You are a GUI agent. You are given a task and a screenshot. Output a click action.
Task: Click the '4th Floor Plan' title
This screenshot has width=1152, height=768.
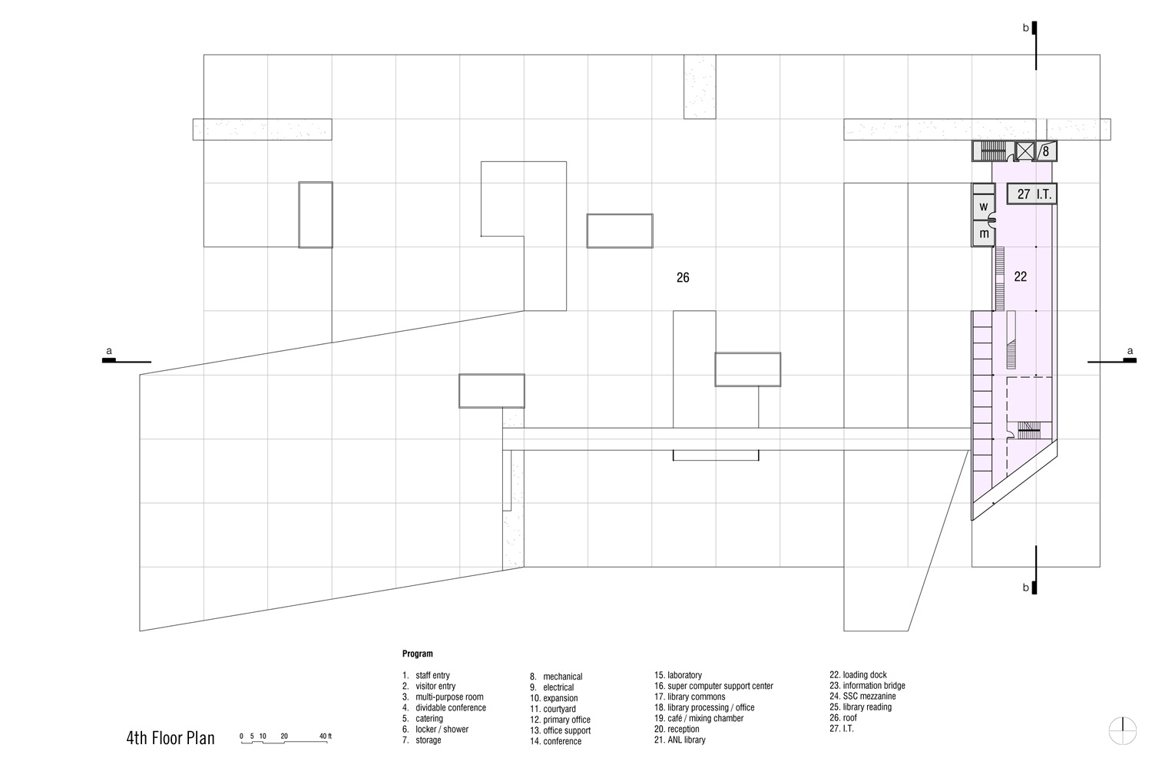[170, 739]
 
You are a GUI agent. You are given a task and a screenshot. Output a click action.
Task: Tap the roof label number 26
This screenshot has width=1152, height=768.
[683, 278]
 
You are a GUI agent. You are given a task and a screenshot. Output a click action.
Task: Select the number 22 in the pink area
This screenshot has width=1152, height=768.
[1020, 276]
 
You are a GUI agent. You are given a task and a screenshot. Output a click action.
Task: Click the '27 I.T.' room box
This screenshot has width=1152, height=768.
[1034, 194]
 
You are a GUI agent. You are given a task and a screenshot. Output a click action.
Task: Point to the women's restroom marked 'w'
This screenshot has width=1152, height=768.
[983, 207]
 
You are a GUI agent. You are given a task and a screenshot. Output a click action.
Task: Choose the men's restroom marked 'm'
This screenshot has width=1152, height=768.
[983, 233]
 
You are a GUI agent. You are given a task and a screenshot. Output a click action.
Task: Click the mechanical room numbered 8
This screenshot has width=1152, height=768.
[1045, 151]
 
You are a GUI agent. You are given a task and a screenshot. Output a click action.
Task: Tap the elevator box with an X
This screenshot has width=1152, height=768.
[1025, 151]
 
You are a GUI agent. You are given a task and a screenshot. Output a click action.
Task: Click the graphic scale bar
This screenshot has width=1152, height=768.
[286, 740]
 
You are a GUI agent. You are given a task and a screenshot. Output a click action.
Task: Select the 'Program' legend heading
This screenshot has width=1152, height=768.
[417, 654]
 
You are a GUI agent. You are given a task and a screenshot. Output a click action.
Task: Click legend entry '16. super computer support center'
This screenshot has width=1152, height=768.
[713, 686]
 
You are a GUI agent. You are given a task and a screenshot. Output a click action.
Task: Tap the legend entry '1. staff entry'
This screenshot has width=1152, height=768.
[426, 676]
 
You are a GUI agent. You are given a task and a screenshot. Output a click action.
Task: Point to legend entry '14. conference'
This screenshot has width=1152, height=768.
[555, 741]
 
